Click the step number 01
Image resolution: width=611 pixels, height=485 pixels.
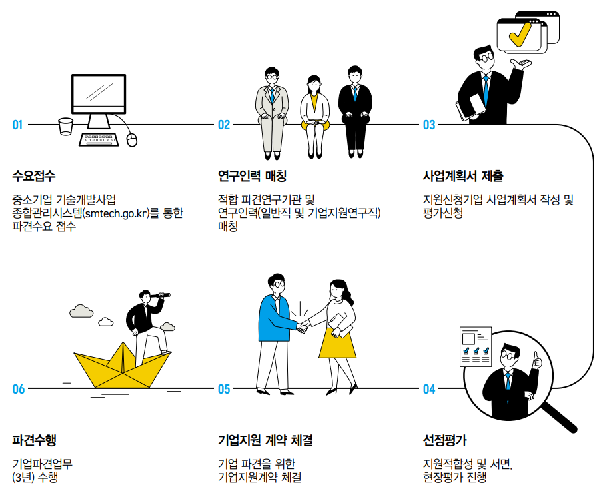coord(17,125)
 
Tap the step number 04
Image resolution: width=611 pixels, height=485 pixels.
coord(429,389)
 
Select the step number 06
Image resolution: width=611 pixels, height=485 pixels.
coord(18,389)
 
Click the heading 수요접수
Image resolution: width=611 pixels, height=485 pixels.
coord(34,177)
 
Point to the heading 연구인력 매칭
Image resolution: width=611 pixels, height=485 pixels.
coord(253,177)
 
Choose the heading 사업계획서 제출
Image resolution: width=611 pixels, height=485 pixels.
coord(463,177)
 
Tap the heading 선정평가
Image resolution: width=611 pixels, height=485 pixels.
coord(444,440)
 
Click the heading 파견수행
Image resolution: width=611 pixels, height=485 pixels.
coord(34,440)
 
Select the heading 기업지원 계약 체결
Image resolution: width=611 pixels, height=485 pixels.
coord(265,440)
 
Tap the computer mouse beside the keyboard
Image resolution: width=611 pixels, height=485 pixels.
coord(132,140)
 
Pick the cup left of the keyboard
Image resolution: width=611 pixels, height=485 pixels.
coord(65,126)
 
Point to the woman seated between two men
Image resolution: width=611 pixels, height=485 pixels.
coord(314,113)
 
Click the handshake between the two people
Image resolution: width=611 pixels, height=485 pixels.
coord(303,327)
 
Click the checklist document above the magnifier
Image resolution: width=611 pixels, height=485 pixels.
coord(476,346)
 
